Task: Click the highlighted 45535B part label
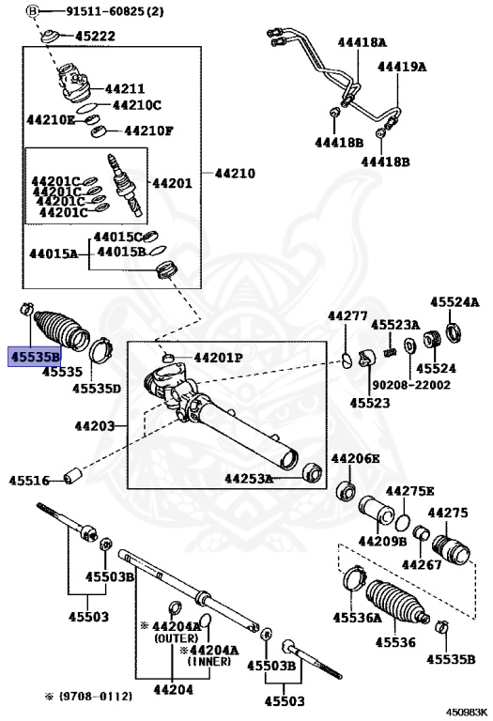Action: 35,357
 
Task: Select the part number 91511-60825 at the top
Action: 105,10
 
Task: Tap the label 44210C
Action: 137,105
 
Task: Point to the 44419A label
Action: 402,67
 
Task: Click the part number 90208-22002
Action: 410,385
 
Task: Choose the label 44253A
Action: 249,479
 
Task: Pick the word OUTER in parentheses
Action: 177,638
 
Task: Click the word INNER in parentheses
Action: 208,662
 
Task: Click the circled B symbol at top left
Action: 31,10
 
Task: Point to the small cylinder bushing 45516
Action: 72,475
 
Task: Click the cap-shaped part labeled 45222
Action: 50,37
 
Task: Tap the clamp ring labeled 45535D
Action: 100,350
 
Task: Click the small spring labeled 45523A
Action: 391,352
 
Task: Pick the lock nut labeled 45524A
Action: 453,333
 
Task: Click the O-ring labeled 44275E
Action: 403,523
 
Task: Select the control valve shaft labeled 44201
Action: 126,185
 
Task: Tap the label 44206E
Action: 356,458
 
